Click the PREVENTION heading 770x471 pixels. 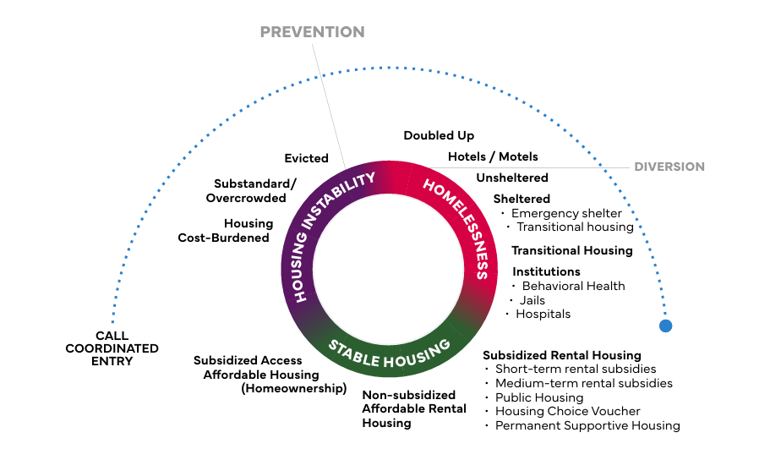point(312,32)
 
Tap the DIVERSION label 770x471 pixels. point(669,167)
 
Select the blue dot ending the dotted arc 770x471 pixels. point(665,326)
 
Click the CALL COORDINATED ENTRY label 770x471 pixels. point(112,348)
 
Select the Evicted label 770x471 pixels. point(306,158)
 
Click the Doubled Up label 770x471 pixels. point(439,135)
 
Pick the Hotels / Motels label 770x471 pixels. point(493,156)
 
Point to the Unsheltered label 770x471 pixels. point(512,178)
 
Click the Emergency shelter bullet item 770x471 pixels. point(566,213)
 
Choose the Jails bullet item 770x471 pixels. point(532,300)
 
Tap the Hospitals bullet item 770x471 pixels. point(543,314)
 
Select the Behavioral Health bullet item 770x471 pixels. point(573,286)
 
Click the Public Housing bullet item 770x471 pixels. point(538,397)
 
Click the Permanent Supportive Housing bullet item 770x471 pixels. point(587,425)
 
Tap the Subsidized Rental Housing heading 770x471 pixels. point(562,355)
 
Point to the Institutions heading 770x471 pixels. point(546,271)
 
